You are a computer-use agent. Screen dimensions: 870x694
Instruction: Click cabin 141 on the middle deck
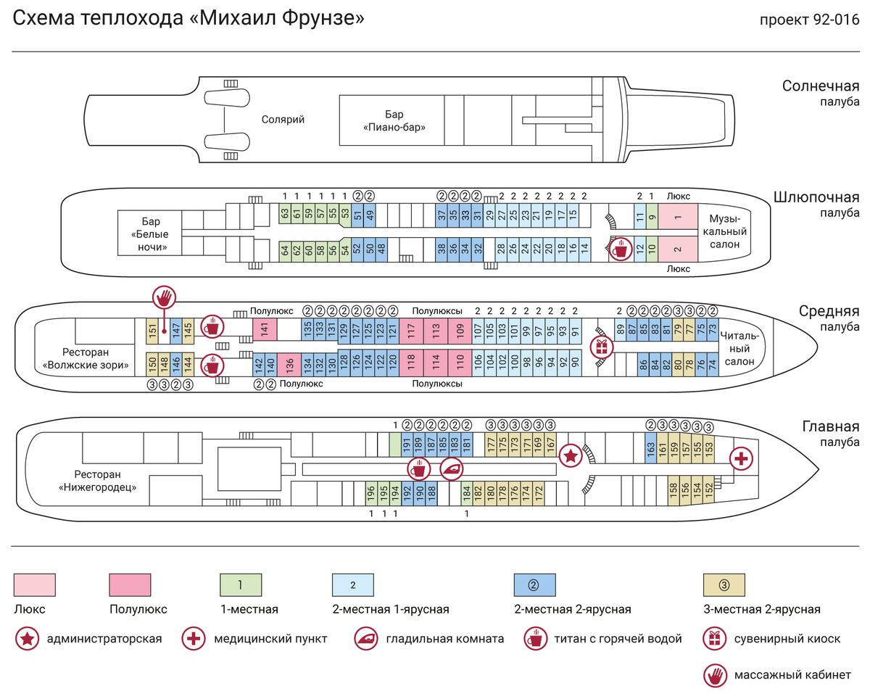pyautogui.click(x=265, y=329)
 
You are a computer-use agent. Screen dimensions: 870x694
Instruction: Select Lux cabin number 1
pyautogui.click(x=678, y=217)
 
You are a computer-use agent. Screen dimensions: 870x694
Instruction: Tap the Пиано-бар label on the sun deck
pyautogui.click(x=394, y=121)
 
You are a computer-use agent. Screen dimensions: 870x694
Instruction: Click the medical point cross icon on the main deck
pyautogui.click(x=741, y=458)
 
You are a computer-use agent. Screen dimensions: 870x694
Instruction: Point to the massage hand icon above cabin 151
pyautogui.click(x=164, y=297)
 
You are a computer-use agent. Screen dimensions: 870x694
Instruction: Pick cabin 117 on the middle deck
pyautogui.click(x=411, y=331)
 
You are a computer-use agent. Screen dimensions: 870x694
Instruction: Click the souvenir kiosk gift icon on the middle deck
pyautogui.click(x=602, y=347)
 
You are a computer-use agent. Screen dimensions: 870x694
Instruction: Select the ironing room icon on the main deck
pyautogui.click(x=451, y=469)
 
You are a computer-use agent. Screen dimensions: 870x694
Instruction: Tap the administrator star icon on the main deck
pyautogui.click(x=571, y=456)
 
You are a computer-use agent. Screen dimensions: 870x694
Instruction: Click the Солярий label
pyautogui.click(x=283, y=120)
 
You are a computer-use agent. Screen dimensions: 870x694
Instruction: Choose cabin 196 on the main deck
pyautogui.click(x=371, y=493)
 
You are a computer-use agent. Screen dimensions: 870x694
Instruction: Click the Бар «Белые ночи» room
pyautogui.click(x=149, y=233)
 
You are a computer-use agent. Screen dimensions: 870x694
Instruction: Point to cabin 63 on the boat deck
pyautogui.click(x=285, y=213)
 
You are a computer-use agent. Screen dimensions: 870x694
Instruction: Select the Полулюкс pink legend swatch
pyautogui.click(x=130, y=584)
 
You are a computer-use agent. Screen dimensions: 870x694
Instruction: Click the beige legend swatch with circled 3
pyautogui.click(x=724, y=584)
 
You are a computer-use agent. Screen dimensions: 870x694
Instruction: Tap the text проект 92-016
pyautogui.click(x=809, y=20)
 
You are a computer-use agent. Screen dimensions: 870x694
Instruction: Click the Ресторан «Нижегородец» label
pyautogui.click(x=97, y=481)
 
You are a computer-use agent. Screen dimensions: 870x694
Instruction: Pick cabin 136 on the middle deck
pyautogui.click(x=289, y=365)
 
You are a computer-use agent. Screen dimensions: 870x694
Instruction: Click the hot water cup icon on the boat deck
pyautogui.click(x=621, y=249)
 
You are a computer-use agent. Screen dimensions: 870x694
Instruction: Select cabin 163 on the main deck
pyautogui.click(x=650, y=448)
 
